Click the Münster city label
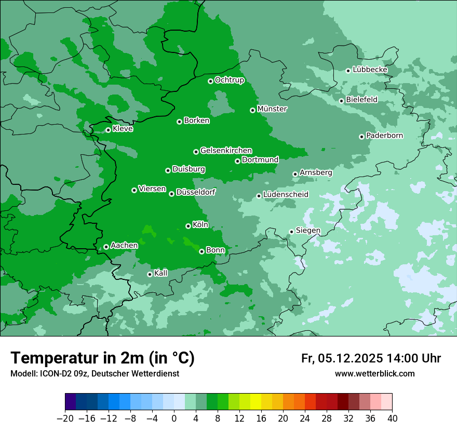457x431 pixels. (x=272, y=109)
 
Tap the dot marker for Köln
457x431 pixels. (x=188, y=226)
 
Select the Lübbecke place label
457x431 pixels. (x=370, y=70)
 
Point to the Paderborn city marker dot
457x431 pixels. (x=361, y=137)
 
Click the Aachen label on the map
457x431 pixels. (x=124, y=246)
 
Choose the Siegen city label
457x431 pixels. (x=308, y=231)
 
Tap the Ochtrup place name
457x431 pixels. (x=230, y=80)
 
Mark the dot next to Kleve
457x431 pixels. (x=108, y=130)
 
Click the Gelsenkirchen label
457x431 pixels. (x=226, y=151)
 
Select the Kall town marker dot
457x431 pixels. (x=150, y=274)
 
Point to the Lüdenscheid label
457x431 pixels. (x=286, y=195)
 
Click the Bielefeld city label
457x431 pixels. (x=361, y=100)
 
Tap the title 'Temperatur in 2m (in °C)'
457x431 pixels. (x=103, y=358)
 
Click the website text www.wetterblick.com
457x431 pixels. (x=374, y=374)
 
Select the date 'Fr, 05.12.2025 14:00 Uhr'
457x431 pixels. (x=371, y=358)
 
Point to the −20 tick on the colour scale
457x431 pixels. (x=65, y=419)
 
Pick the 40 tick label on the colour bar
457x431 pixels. (x=392, y=419)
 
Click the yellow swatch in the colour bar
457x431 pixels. (x=256, y=402)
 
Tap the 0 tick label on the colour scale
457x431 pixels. (x=174, y=419)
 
